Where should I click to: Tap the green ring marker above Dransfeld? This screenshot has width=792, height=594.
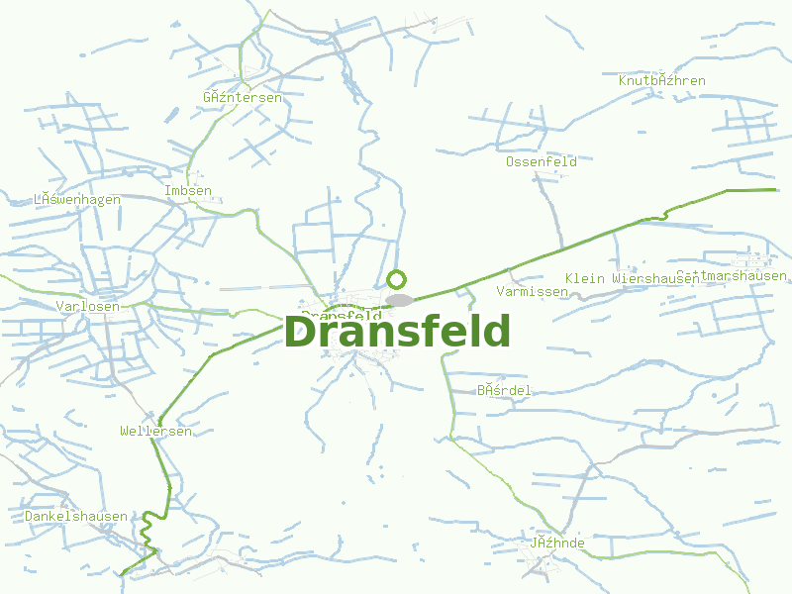click(x=397, y=279)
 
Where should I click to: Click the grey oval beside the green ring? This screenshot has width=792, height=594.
click(x=400, y=300)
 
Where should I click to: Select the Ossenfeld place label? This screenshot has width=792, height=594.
click(x=541, y=161)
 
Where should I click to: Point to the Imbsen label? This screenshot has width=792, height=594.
click(x=188, y=191)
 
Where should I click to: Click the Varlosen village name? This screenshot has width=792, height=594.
click(x=88, y=306)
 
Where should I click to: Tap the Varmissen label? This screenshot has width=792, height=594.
click(x=533, y=292)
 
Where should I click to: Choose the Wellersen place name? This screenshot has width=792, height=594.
click(x=155, y=432)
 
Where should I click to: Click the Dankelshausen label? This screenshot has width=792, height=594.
click(x=76, y=517)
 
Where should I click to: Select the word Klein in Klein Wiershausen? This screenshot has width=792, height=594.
click(x=584, y=278)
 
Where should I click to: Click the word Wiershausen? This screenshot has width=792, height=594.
click(x=654, y=278)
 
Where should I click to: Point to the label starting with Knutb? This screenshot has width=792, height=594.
click(x=661, y=80)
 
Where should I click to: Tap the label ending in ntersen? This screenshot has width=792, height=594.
click(x=242, y=98)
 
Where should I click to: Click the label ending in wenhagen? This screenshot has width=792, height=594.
click(x=77, y=200)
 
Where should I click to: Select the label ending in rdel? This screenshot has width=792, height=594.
click(x=504, y=391)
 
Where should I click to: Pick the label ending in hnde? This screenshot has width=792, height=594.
click(x=557, y=544)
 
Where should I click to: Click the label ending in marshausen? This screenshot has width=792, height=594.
click(x=732, y=275)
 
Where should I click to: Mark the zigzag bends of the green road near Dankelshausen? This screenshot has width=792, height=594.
click(x=148, y=530)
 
